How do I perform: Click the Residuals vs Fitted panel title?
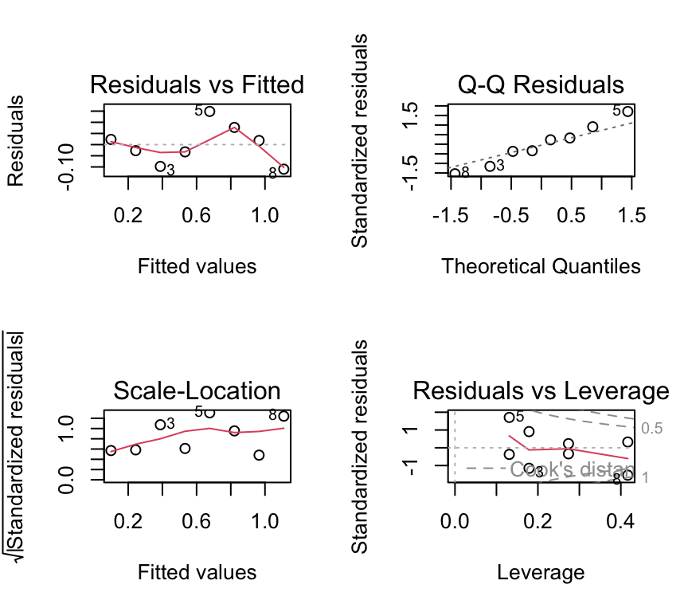(x=197, y=84)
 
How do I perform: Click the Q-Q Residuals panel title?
(x=541, y=84)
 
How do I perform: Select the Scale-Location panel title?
(x=197, y=390)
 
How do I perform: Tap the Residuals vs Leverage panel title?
(x=541, y=390)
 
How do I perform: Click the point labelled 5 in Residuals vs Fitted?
(x=209, y=111)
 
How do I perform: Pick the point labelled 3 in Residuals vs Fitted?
(x=160, y=167)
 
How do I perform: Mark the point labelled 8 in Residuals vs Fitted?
(x=283, y=169)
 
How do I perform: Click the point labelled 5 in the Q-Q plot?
(x=627, y=112)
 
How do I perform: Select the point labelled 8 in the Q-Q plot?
(x=455, y=173)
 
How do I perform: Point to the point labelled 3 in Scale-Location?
(x=160, y=425)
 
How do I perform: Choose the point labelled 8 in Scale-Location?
(x=283, y=416)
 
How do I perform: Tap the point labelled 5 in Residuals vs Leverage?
(x=510, y=417)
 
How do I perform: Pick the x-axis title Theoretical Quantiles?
(x=541, y=266)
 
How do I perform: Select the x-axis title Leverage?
(x=541, y=572)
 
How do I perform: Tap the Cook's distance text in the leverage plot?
(x=572, y=469)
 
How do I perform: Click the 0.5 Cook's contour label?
(x=652, y=429)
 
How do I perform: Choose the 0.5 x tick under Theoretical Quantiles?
(x=571, y=216)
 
